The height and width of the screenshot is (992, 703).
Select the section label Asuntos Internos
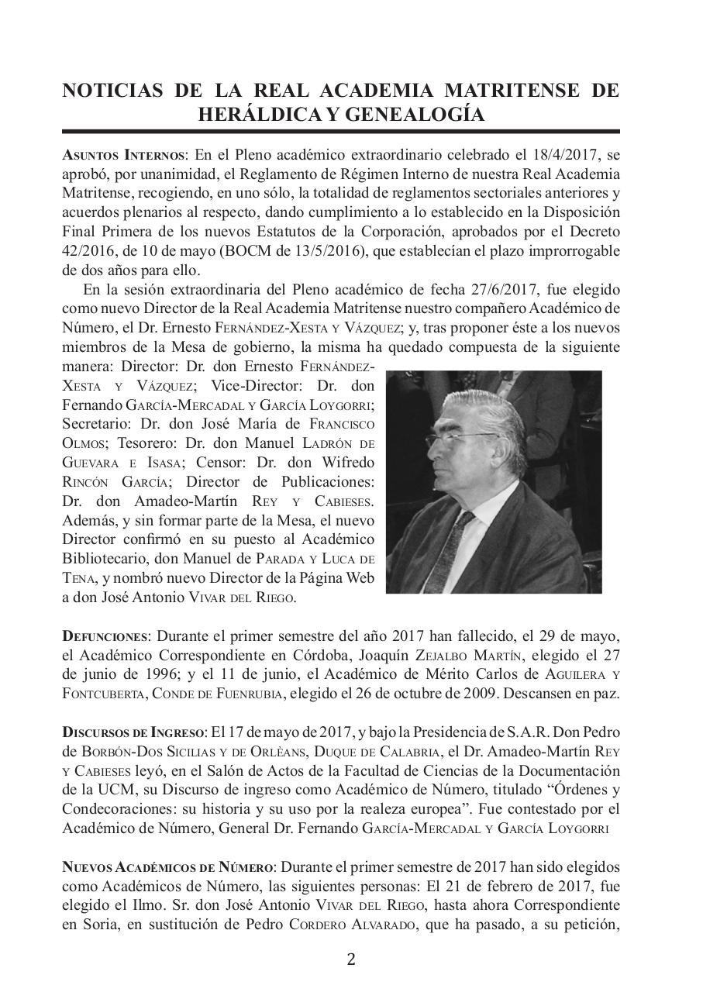(123, 153)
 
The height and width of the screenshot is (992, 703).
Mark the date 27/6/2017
(504, 290)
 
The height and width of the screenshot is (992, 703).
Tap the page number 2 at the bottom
(350, 959)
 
